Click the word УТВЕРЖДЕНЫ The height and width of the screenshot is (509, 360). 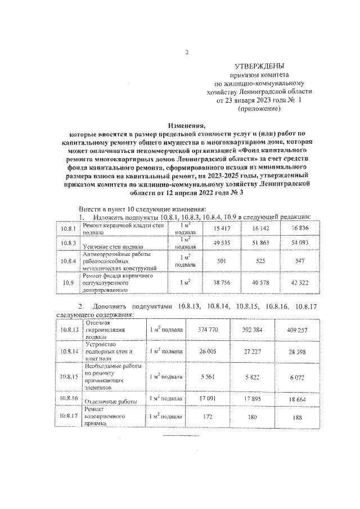click(x=259, y=66)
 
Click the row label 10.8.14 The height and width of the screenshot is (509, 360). click(x=69, y=352)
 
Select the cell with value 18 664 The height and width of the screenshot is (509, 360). click(x=295, y=398)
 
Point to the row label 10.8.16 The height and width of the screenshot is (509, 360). click(x=69, y=398)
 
